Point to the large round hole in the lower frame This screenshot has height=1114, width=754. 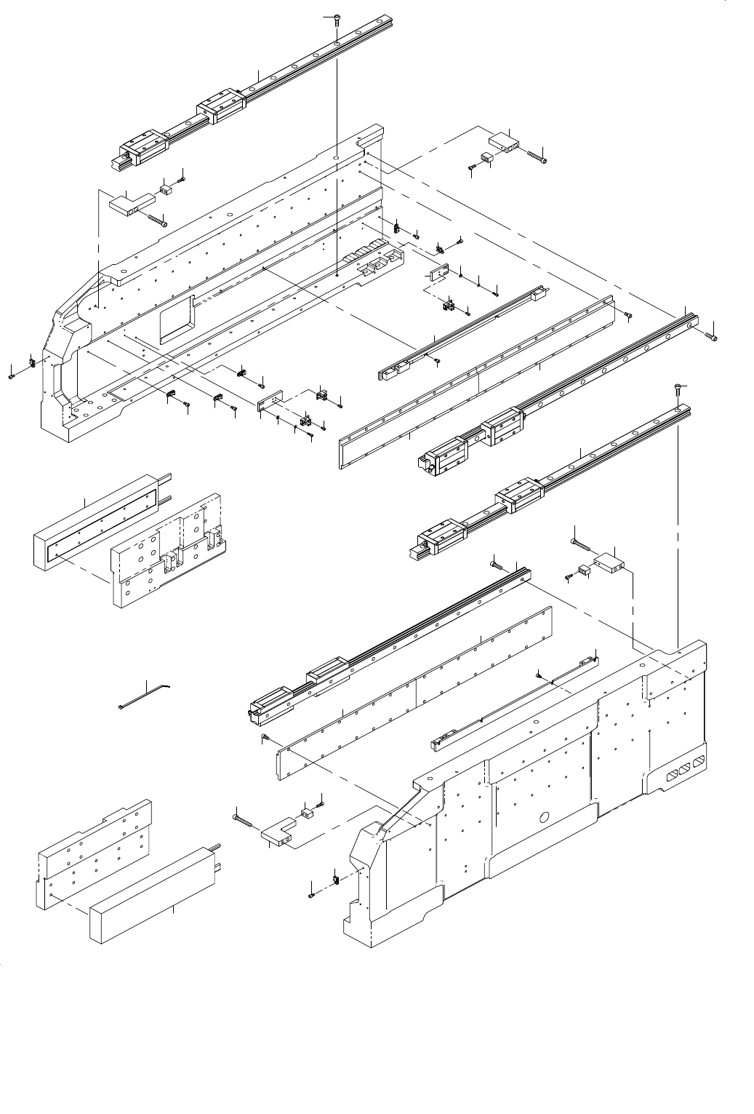point(545,816)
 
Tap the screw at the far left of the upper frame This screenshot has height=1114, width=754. point(12,375)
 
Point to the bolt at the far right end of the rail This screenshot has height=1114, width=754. point(710,335)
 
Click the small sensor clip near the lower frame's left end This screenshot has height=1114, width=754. point(335,878)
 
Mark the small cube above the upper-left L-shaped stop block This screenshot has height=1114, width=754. point(165,189)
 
